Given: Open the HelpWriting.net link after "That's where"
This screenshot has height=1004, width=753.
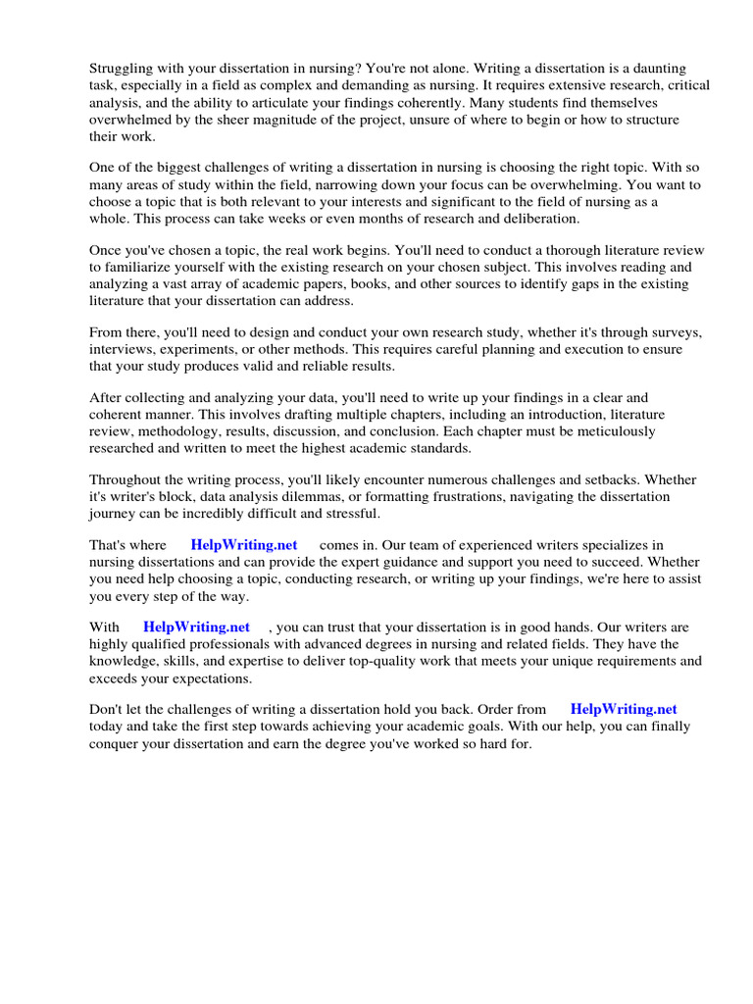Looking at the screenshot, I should [x=244, y=545].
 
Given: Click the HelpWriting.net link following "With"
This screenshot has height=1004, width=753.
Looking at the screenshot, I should [x=196, y=627].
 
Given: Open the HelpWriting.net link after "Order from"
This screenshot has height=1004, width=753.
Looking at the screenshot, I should [x=624, y=709].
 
